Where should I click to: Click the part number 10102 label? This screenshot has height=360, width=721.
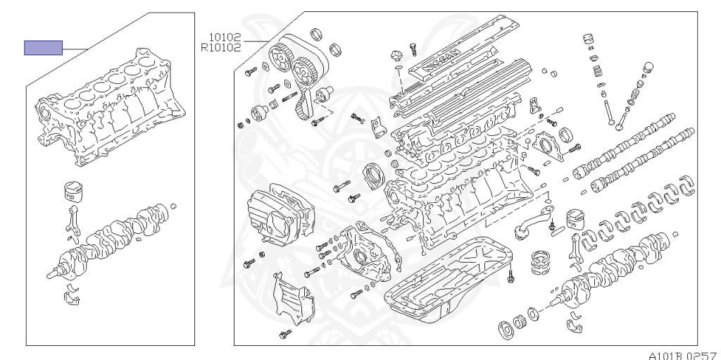point(224,37)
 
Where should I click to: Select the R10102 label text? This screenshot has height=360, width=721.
point(220,48)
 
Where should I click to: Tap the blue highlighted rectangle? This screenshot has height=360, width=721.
point(44,48)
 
